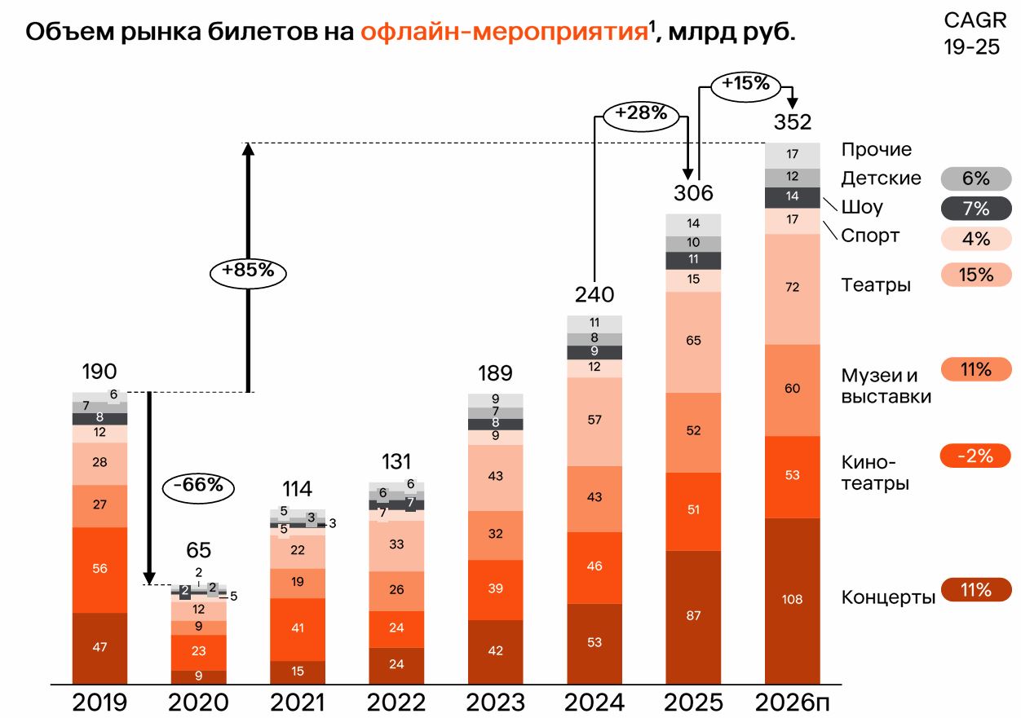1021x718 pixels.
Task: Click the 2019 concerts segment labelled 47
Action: pyautogui.click(x=99, y=647)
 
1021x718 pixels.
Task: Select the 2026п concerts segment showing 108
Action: pyautogui.click(x=792, y=600)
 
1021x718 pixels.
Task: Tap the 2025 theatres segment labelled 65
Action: pyautogui.click(x=693, y=341)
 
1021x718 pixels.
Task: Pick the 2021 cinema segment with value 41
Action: pyautogui.click(x=298, y=628)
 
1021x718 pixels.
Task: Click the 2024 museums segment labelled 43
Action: pyautogui.click(x=594, y=497)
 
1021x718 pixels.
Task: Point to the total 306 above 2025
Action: pyautogui.click(x=693, y=193)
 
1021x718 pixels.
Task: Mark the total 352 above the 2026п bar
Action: pyautogui.click(x=792, y=122)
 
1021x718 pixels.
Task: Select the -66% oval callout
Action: pyautogui.click(x=199, y=485)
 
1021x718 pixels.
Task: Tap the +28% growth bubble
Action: pyautogui.click(x=642, y=113)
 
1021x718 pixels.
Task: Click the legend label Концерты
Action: pyautogui.click(x=888, y=597)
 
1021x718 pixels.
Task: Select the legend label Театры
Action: pyautogui.click(x=876, y=284)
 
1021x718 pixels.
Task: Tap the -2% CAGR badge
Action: pyautogui.click(x=975, y=456)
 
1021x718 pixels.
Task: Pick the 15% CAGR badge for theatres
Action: pyautogui.click(x=975, y=275)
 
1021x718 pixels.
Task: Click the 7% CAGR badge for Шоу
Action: pyautogui.click(x=975, y=209)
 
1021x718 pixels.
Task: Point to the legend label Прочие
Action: pyautogui.click(x=877, y=150)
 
